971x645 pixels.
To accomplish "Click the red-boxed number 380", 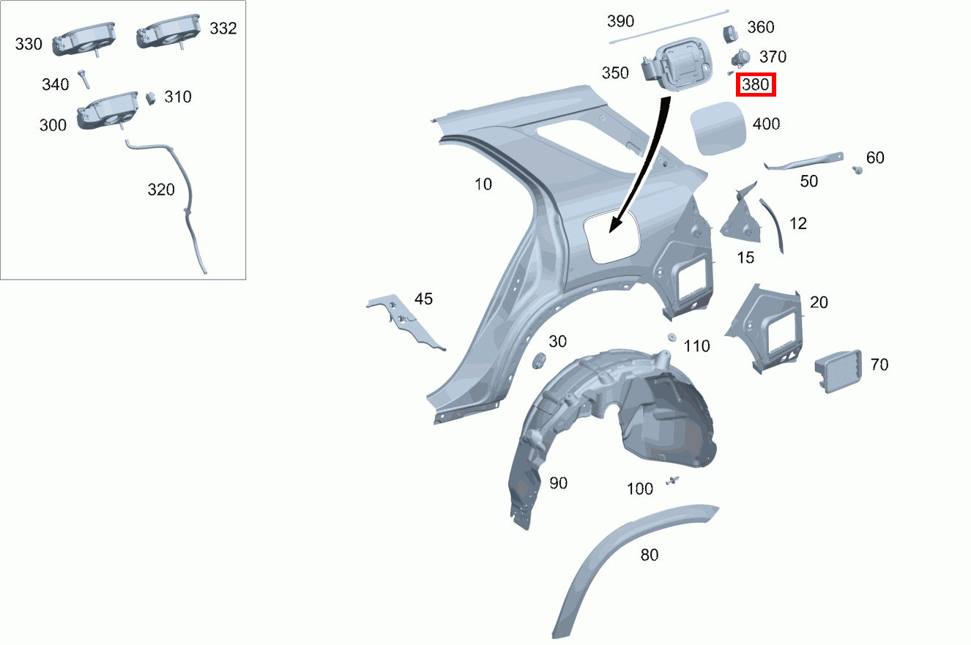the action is coord(756,84).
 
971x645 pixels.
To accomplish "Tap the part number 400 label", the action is coord(766,124).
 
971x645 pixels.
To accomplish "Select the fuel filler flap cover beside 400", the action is coord(718,128).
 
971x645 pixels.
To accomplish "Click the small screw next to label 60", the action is coord(857,170).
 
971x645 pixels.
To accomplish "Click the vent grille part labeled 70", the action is coord(838,370).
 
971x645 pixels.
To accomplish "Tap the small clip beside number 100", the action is coord(672,480).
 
